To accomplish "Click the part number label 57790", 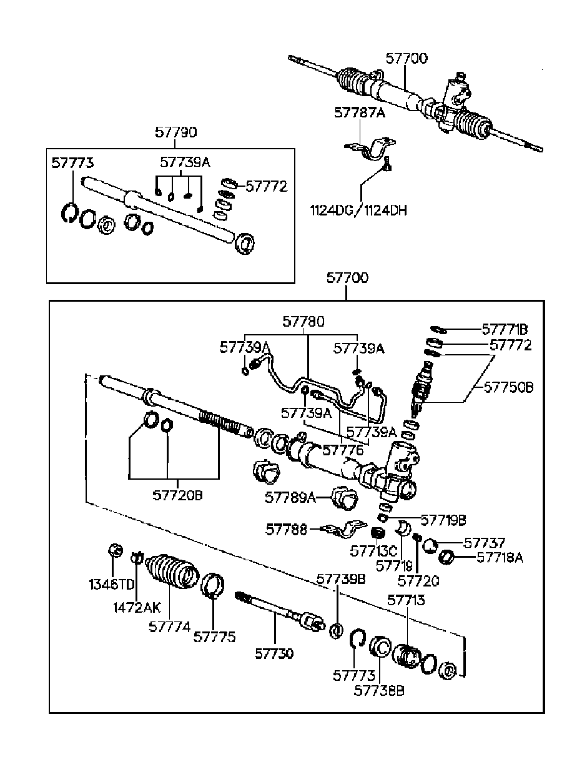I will coord(176,133).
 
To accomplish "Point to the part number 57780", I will coord(303,322).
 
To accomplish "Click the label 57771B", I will coord(505,329).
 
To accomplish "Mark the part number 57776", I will coord(342,450).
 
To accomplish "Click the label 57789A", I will coord(290,498).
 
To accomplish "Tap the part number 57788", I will coord(287,530).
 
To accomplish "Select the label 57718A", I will coord(500,558).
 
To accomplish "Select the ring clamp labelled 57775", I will coord(212,585).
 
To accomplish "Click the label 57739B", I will coord(340,579).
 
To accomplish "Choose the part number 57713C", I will coord(373,551).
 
